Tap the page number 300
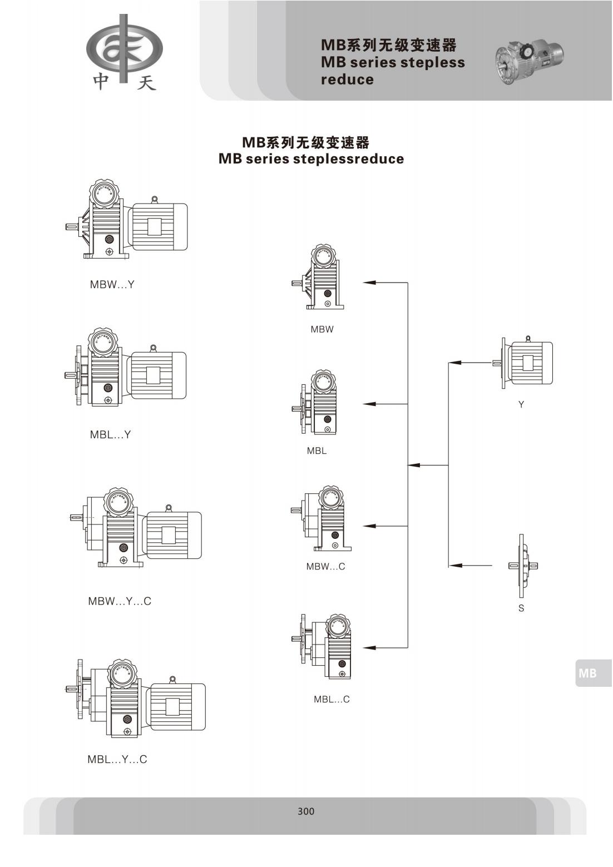pos(306,811)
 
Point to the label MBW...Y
pos(112,285)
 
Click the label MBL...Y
pos(111,435)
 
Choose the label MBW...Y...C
pos(120,601)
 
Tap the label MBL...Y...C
pos(117,760)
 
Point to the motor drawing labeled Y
pos(526,363)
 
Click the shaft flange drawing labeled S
pos(522,566)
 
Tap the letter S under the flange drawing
pos(521,608)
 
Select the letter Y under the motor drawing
pos(521,405)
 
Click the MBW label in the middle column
pos(322,329)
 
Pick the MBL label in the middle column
pos(317,451)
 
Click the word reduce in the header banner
pos(347,80)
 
